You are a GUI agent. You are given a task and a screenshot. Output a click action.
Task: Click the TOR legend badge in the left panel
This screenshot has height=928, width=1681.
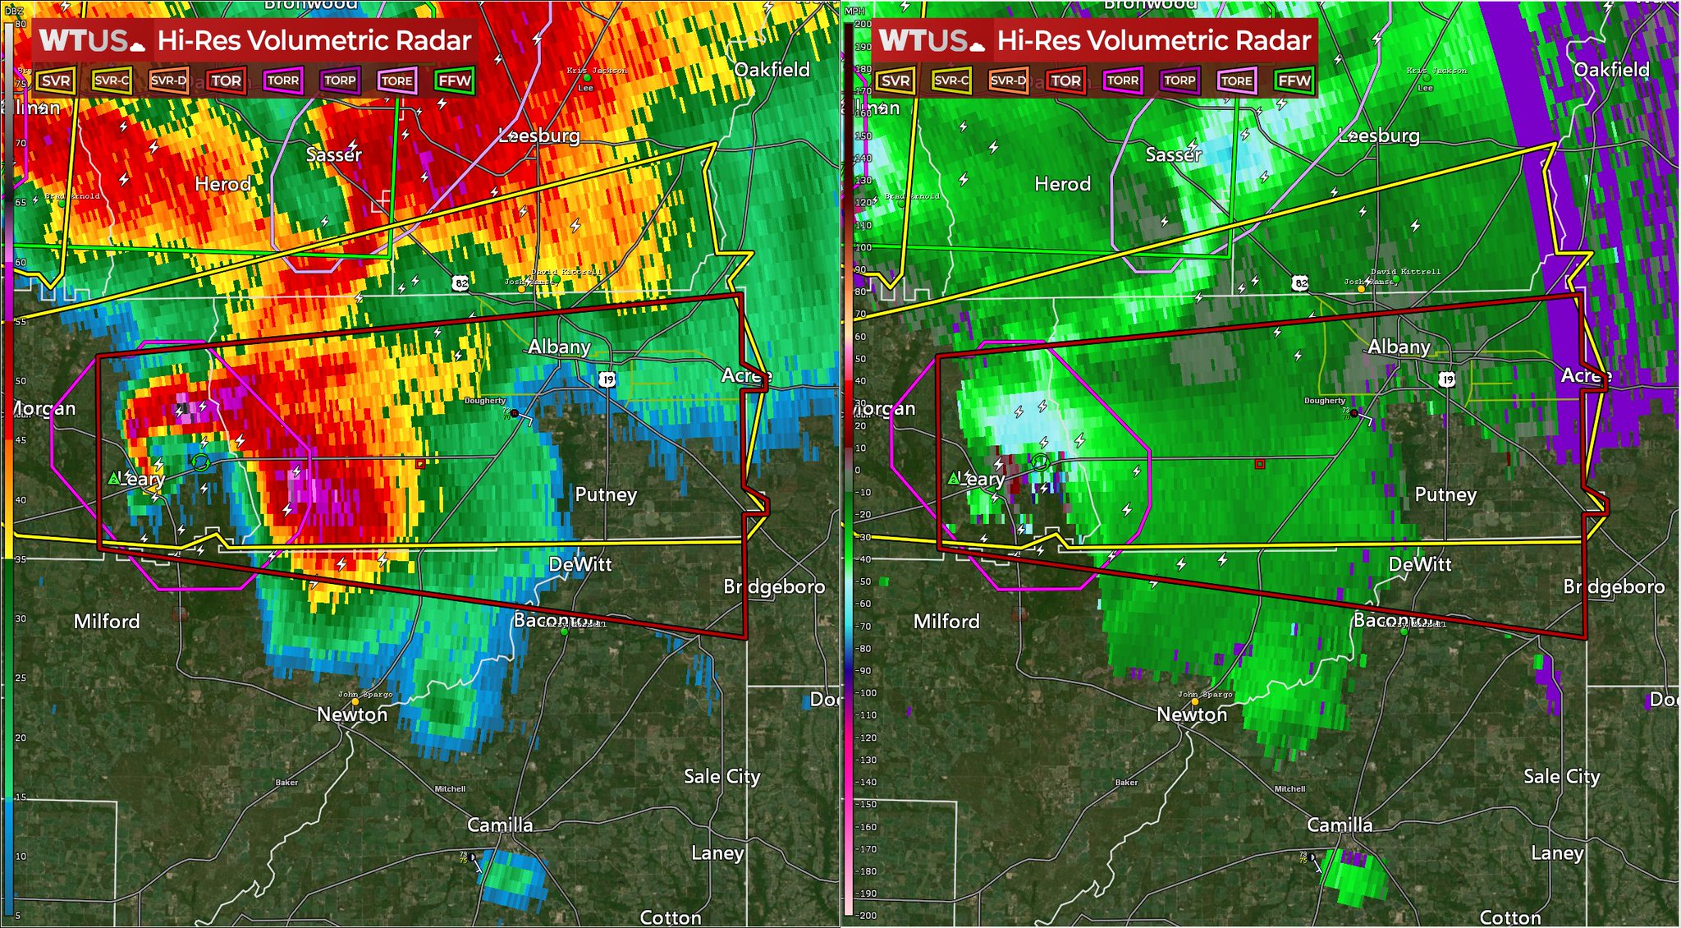pyautogui.click(x=226, y=80)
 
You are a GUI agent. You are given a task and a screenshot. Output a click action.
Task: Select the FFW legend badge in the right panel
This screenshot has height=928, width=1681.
pyautogui.click(x=1294, y=80)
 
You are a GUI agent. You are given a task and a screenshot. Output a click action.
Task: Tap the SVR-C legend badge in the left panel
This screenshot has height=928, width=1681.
pyautogui.click(x=112, y=80)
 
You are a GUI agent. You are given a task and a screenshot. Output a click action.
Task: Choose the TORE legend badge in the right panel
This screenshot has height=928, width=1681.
pyautogui.click(x=1236, y=80)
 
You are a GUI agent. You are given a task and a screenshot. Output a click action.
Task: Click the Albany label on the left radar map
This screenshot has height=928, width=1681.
pyautogui.click(x=559, y=347)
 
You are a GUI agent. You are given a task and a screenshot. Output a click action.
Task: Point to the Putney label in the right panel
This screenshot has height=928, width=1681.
pyautogui.click(x=1445, y=494)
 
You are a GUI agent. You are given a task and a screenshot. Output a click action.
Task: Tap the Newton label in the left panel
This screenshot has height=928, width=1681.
pyautogui.click(x=352, y=714)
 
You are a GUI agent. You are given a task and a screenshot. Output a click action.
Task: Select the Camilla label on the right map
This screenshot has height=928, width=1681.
pyautogui.click(x=1340, y=825)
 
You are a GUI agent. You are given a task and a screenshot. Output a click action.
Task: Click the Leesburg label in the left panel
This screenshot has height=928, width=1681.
pyautogui.click(x=539, y=136)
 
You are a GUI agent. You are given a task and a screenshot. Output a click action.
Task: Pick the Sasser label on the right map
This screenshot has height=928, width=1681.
pyautogui.click(x=1173, y=154)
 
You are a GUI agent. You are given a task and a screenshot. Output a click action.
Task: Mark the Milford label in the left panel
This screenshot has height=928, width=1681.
pyautogui.click(x=107, y=622)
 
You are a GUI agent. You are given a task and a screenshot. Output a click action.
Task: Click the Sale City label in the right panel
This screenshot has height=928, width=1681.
pyautogui.click(x=1561, y=776)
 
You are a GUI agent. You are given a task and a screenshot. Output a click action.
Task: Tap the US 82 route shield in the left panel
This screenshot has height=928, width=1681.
pyautogui.click(x=461, y=283)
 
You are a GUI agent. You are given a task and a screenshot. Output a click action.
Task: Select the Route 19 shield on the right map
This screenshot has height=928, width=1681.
pyautogui.click(x=1446, y=379)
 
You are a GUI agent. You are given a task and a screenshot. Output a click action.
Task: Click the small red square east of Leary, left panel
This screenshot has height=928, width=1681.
pyautogui.click(x=420, y=464)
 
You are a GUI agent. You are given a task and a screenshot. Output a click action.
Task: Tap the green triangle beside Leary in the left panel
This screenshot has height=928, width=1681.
pyautogui.click(x=114, y=478)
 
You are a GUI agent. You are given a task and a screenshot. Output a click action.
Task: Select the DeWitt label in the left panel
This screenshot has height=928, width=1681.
pyautogui.click(x=580, y=564)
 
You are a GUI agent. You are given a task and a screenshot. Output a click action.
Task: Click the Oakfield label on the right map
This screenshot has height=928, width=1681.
pyautogui.click(x=1611, y=70)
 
